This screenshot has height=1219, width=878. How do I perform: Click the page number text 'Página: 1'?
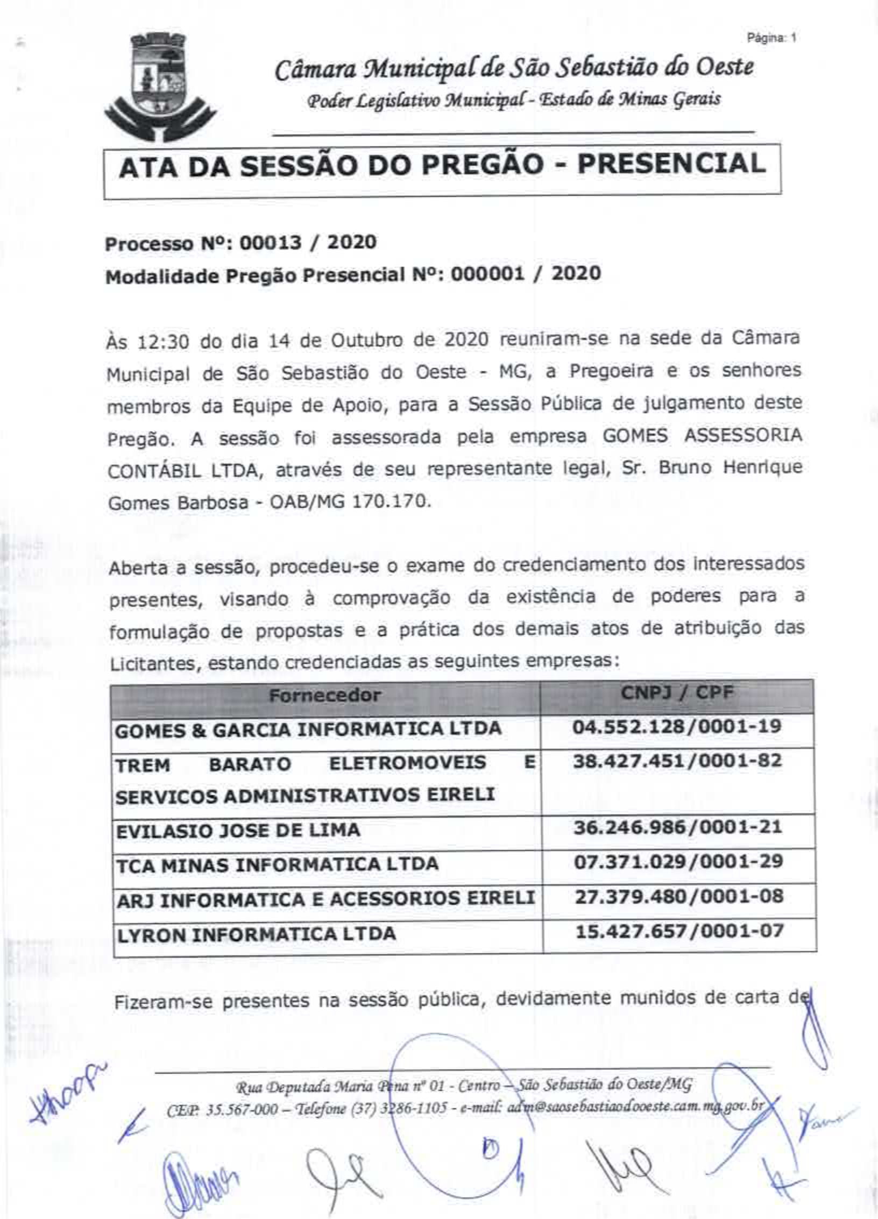pos(771,38)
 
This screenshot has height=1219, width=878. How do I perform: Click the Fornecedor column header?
pos(325,696)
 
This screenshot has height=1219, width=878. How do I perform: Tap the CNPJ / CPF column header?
pos(677,693)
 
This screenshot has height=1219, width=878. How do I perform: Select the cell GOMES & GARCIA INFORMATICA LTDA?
pos(308,729)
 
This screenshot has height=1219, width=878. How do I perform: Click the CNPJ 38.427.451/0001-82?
pos(677,761)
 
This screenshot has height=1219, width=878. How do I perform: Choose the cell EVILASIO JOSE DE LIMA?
pos(238,830)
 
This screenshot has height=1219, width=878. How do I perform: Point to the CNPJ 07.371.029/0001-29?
pos(678,862)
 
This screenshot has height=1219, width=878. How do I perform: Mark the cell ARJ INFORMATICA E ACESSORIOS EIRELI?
pos(325,898)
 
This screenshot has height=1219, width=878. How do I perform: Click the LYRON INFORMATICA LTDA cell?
pos(256,933)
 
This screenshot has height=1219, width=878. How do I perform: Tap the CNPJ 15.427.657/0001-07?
pos(679,931)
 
